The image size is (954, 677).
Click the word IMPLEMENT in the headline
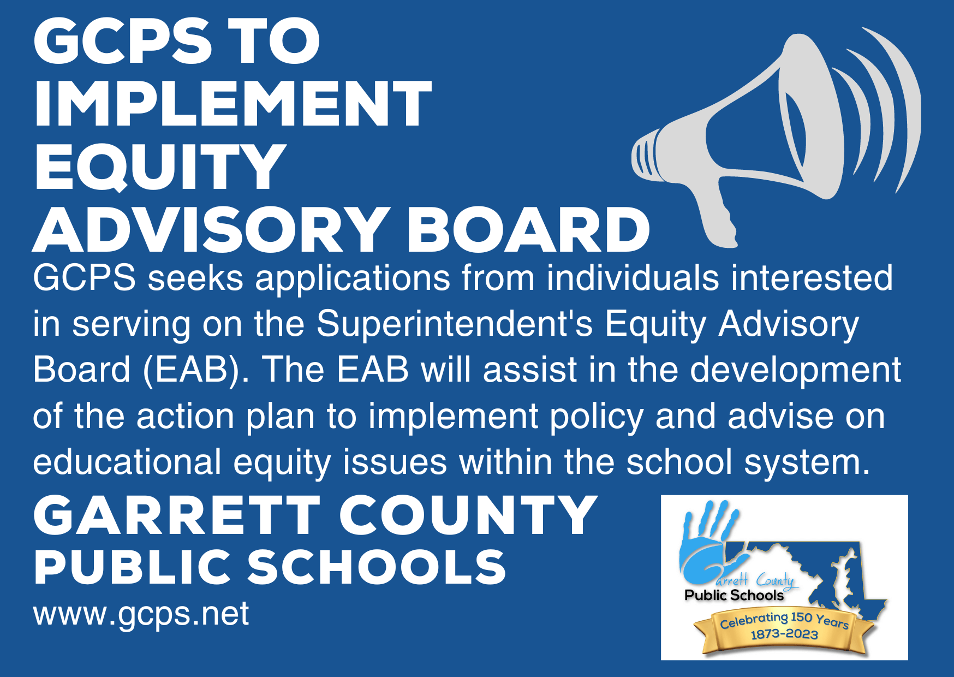pyautogui.click(x=232, y=104)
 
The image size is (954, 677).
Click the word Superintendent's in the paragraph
pyautogui.click(x=454, y=324)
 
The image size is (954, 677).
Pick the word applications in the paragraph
pyautogui.click(x=353, y=278)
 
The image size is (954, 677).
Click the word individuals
pyautogui.click(x=633, y=278)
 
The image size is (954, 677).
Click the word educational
pyautogui.click(x=127, y=462)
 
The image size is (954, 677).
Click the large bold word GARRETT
pyautogui.click(x=176, y=515)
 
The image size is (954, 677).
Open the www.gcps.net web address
pyautogui.click(x=141, y=614)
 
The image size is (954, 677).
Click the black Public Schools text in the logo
pyautogui.click(x=734, y=596)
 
